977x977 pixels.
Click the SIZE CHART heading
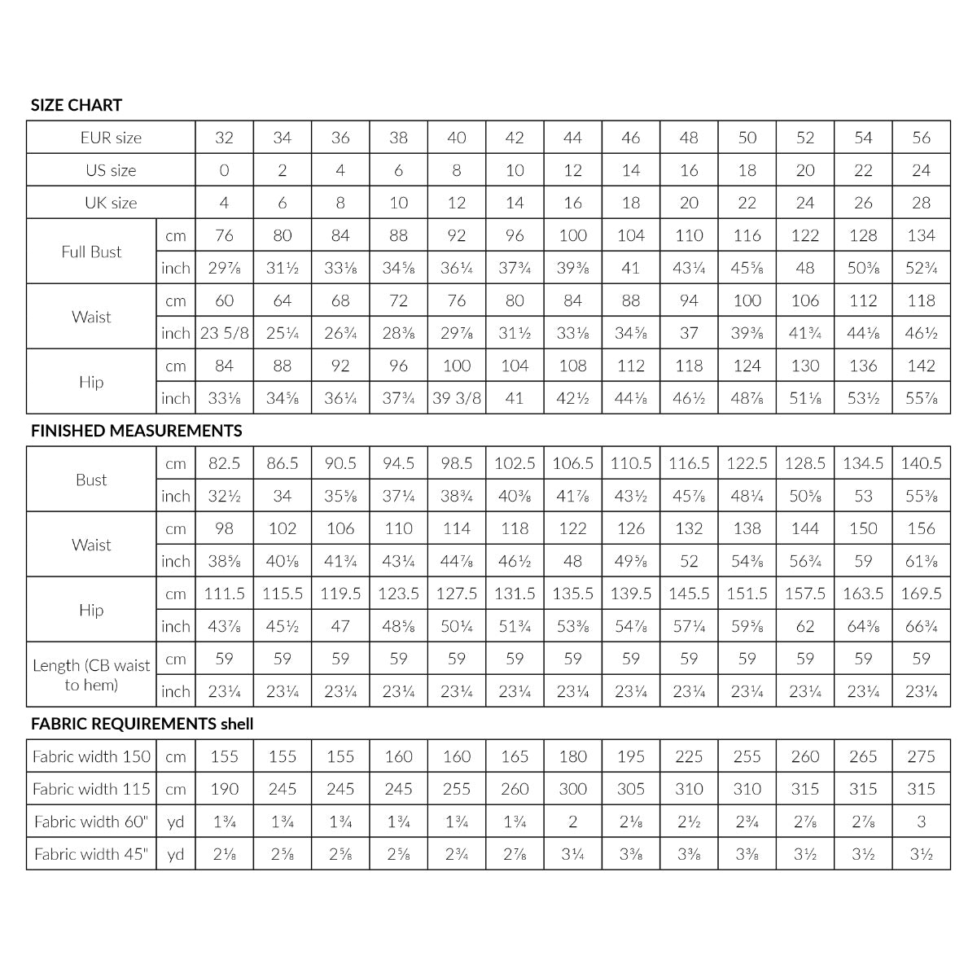[x=77, y=105]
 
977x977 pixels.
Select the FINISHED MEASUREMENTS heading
[x=136, y=431]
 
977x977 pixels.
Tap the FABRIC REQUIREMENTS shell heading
[x=142, y=724]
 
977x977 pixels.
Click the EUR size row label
[x=111, y=138]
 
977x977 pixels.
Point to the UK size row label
[x=111, y=203]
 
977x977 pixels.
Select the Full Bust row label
[x=91, y=252]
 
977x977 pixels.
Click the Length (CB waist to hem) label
[x=91, y=675]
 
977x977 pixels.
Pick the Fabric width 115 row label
[x=91, y=789]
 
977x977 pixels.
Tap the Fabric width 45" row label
[x=91, y=854]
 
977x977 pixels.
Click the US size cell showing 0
[x=224, y=170]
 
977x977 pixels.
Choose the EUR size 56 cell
[x=921, y=138]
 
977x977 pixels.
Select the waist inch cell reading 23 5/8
[x=224, y=333]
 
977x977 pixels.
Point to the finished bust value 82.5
[x=224, y=463]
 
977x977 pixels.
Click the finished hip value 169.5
[x=921, y=594]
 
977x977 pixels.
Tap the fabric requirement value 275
[x=921, y=756]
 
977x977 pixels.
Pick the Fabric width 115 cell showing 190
[x=224, y=789]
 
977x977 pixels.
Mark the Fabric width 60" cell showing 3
[x=921, y=821]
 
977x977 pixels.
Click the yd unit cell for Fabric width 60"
[x=175, y=821]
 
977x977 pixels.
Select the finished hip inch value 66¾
[x=921, y=626]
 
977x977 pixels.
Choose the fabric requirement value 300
[x=572, y=789]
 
